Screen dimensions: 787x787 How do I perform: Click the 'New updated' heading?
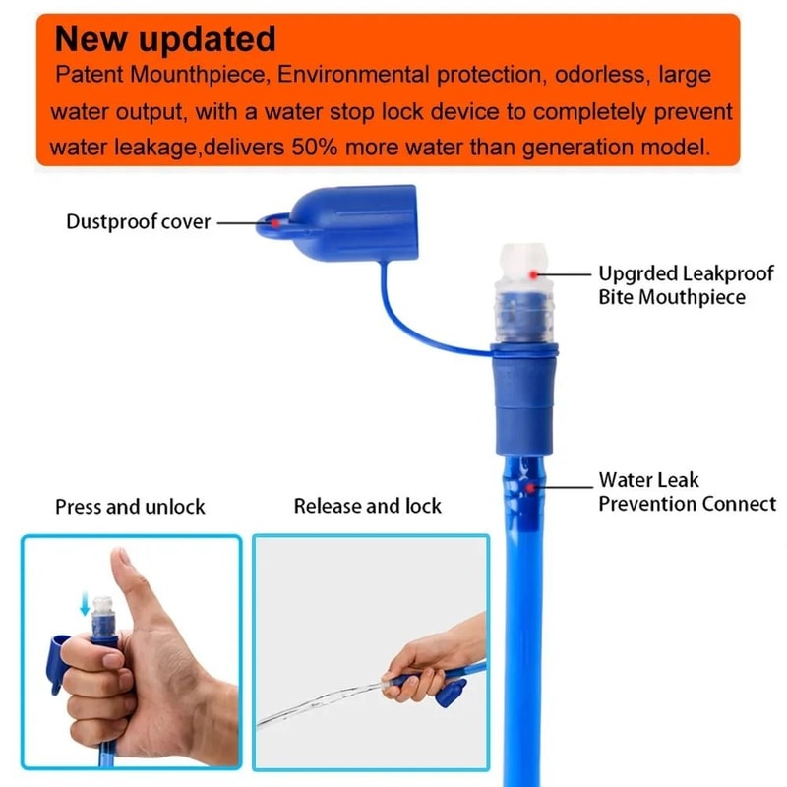[x=165, y=39]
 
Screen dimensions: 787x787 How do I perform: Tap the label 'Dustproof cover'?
[x=139, y=221]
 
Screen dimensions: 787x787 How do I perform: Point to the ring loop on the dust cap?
[x=276, y=224]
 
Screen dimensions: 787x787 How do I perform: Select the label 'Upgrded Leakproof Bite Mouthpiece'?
[x=672, y=284]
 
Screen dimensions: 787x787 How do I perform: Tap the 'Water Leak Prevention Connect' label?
[x=687, y=492]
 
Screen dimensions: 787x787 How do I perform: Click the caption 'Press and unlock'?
[x=130, y=507]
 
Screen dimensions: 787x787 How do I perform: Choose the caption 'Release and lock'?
[x=368, y=507]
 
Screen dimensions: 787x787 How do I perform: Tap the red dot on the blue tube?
[x=531, y=487]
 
